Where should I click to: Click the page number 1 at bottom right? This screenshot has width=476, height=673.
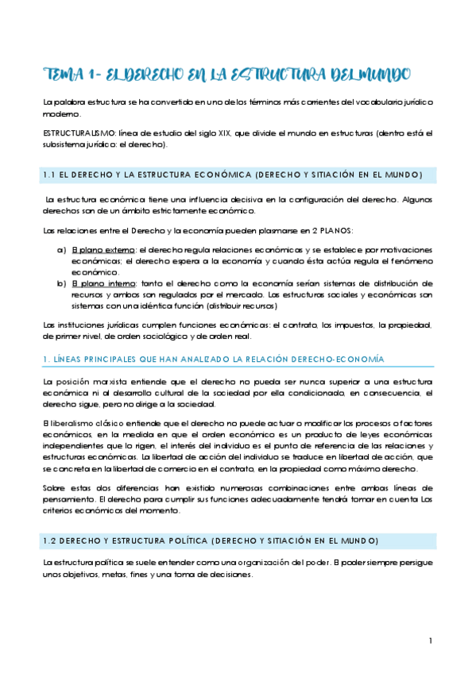pyautogui.click(x=429, y=641)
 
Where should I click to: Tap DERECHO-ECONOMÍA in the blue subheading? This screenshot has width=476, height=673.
pyautogui.click(x=338, y=360)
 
